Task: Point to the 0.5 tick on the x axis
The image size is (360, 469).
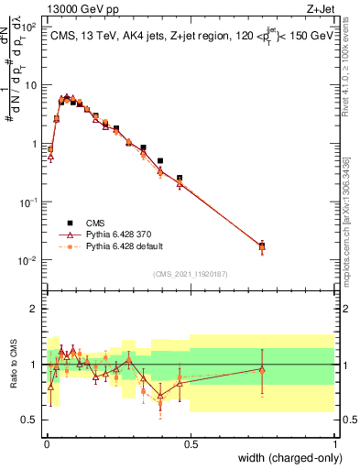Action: (190, 443)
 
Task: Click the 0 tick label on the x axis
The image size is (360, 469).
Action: (46, 443)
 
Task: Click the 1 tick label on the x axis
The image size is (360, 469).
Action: (334, 443)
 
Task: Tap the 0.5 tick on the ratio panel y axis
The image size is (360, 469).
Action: (29, 420)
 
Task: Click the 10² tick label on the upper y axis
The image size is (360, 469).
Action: (29, 27)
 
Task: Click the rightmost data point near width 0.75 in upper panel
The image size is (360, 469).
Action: (262, 245)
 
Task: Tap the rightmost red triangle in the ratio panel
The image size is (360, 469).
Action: (262, 369)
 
